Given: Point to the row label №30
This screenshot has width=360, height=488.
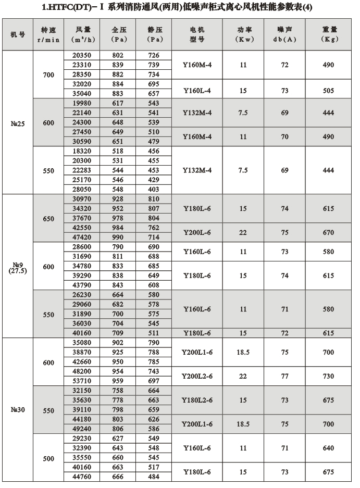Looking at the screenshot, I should (18, 410).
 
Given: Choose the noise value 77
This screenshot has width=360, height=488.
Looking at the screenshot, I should (285, 376).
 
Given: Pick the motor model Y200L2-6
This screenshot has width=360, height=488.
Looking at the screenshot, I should (197, 376).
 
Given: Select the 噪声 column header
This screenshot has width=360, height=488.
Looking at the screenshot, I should (285, 34).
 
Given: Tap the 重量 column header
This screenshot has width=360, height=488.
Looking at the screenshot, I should (328, 34).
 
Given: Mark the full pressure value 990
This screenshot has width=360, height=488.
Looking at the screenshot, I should (121, 237).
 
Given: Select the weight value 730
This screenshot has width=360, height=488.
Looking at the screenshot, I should (328, 376).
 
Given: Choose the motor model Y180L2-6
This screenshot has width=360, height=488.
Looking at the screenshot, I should (197, 400).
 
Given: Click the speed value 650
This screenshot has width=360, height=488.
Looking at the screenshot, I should (48, 218).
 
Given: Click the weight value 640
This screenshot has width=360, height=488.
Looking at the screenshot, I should (328, 448).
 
